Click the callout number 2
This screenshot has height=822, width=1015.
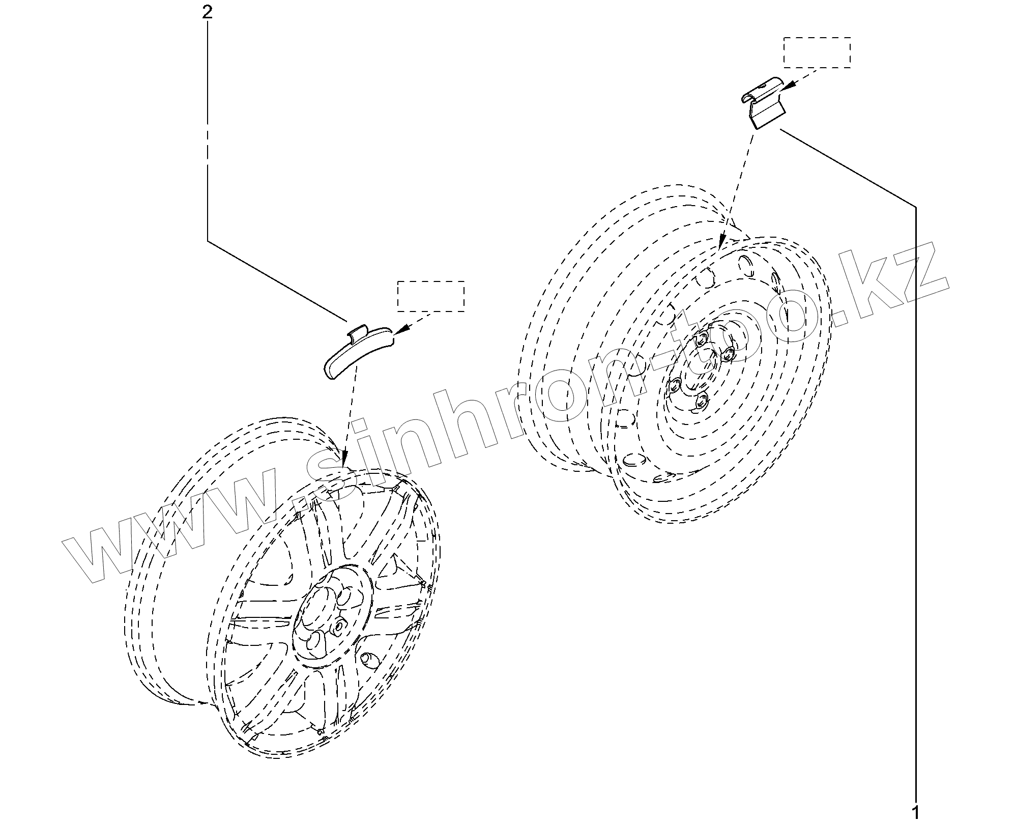pos(207,12)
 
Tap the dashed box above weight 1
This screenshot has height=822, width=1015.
pos(817,52)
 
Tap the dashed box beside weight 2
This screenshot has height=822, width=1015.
pos(430,296)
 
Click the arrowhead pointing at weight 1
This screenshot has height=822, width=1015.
pos(786,88)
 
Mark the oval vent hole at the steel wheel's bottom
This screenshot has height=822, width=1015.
pos(633,460)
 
